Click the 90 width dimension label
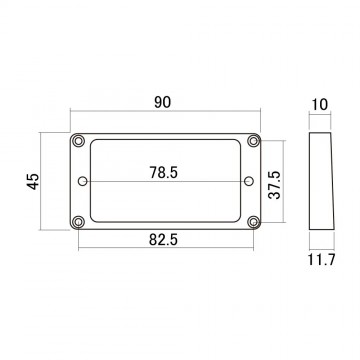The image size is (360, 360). point(163,102)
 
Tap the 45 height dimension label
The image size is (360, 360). point(33,182)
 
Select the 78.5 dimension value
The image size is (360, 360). point(163,172)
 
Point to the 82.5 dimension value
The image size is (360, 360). point(163,239)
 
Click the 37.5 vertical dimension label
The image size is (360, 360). point(275,185)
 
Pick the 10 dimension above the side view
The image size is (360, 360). point(320,105)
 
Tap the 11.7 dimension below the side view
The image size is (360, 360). point(321,260)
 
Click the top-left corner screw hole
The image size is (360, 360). point(78,141)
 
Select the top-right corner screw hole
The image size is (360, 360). point(254,141)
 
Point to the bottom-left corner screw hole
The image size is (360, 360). point(78,222)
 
